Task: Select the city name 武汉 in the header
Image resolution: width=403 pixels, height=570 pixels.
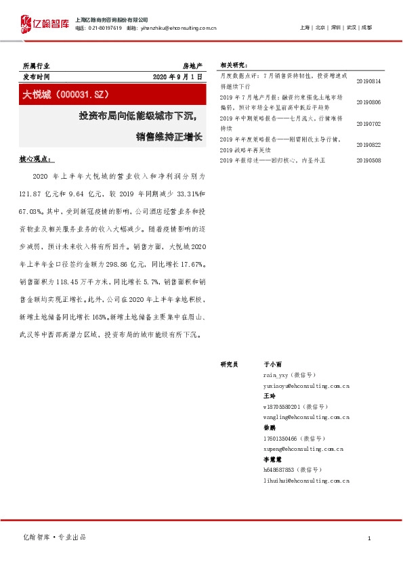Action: click(x=351, y=28)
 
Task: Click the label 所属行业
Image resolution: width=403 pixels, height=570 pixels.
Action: click(x=36, y=66)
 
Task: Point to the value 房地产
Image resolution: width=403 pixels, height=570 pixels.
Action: click(x=193, y=66)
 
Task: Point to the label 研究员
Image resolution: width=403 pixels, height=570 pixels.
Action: click(x=229, y=364)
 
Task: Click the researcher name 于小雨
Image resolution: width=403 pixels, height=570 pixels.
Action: click(x=272, y=364)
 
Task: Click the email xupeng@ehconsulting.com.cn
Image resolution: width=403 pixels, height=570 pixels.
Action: click(x=303, y=449)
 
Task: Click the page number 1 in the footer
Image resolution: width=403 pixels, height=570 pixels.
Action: click(x=369, y=538)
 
